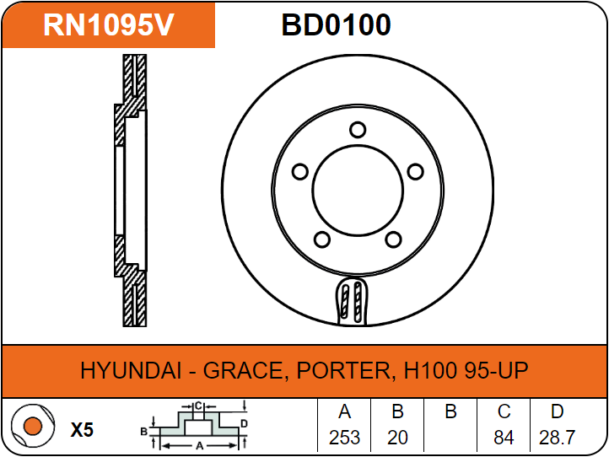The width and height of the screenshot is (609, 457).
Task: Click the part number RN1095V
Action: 108,24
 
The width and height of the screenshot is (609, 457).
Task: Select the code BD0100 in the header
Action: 336,25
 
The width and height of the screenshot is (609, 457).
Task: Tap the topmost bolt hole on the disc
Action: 358,130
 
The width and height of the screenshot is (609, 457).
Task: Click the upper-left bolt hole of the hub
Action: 299,172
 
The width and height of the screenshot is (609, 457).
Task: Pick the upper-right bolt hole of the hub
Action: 415,172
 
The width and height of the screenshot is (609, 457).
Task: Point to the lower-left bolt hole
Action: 322,239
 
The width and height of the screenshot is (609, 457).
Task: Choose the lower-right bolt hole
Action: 393,239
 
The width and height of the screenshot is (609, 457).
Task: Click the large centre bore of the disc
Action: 358,191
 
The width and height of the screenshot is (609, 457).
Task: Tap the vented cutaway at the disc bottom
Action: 352,301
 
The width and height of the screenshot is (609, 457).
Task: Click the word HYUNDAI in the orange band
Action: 131,370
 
